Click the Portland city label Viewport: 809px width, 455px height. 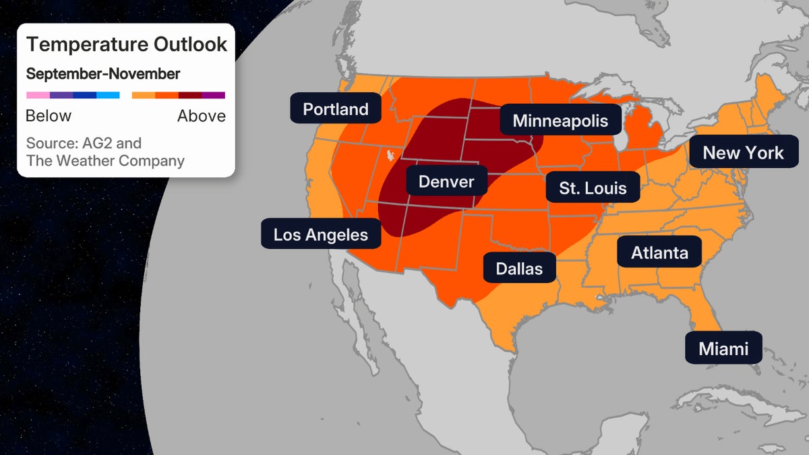[x=335, y=109]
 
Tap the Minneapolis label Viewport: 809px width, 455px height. [x=560, y=121]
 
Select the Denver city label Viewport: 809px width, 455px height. [x=446, y=181]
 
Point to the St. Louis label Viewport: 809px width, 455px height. [x=593, y=188]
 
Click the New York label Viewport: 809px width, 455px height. [x=743, y=153]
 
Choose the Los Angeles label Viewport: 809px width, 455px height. [x=320, y=235]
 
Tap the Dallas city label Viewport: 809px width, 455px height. [x=518, y=268]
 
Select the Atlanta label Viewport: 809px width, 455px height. [x=659, y=253]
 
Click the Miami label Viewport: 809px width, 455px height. [x=723, y=348]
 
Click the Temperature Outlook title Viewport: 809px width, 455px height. [x=127, y=45]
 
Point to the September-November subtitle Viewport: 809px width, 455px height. [x=103, y=74]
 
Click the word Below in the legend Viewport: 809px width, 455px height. [x=49, y=116]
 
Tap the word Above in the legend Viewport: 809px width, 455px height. [x=201, y=116]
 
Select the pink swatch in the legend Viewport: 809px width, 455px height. [x=38, y=95]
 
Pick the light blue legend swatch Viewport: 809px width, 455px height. [x=108, y=95]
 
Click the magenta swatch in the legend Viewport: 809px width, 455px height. [x=213, y=95]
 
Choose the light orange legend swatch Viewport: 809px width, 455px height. [x=144, y=95]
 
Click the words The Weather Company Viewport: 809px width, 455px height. [x=105, y=160]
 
